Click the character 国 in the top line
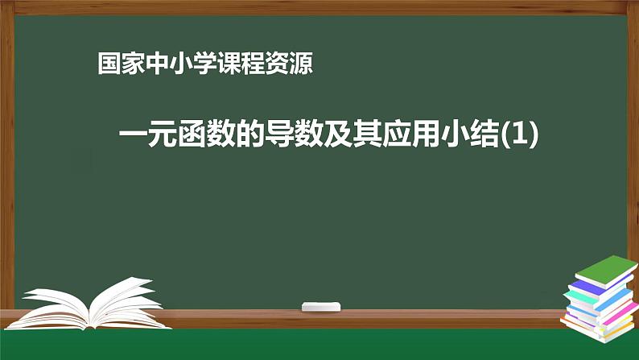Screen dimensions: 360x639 point(106,64)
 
